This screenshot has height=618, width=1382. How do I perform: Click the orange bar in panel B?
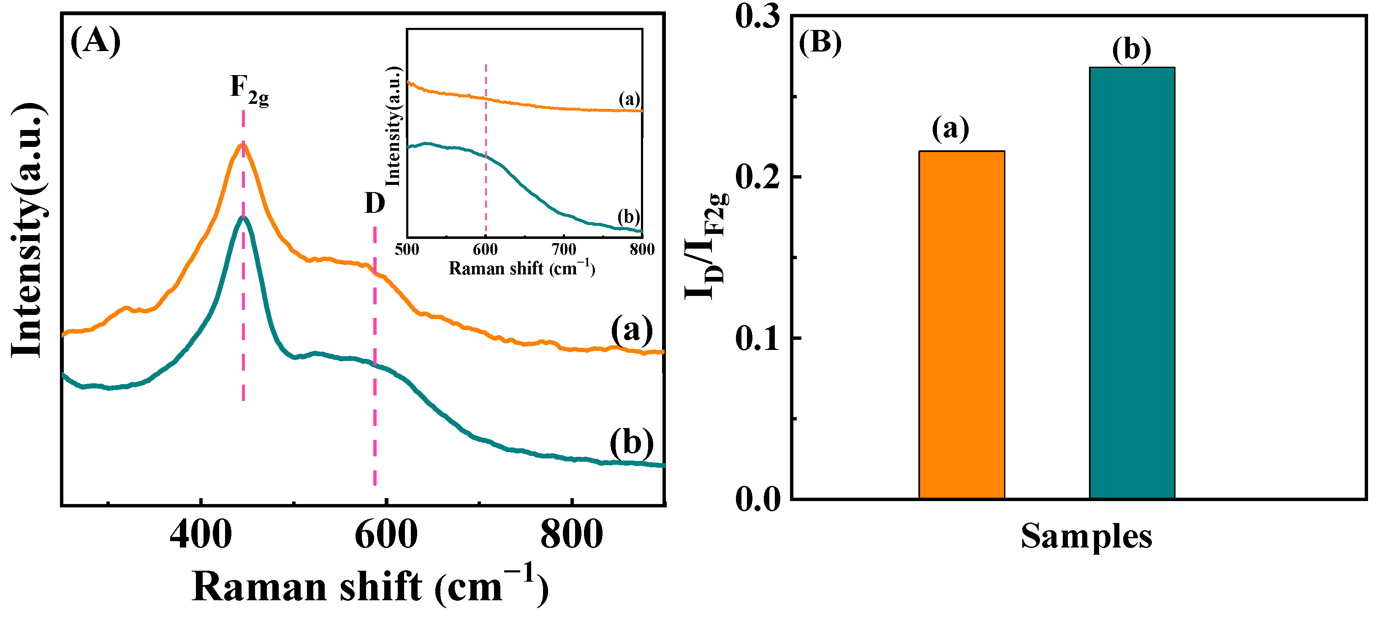click(961, 325)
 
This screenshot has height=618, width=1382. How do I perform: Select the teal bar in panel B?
click(1132, 283)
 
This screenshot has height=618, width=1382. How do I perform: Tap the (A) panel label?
click(95, 41)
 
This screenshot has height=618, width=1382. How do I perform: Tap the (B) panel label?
click(820, 42)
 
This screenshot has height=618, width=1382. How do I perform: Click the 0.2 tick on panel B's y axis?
click(757, 177)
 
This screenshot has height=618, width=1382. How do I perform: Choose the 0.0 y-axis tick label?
click(757, 499)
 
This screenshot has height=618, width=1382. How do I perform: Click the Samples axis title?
click(1086, 536)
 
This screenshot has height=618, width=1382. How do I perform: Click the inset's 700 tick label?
click(563, 249)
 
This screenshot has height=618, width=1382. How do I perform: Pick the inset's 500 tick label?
click(407, 249)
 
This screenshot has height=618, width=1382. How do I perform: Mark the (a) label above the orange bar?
click(950, 129)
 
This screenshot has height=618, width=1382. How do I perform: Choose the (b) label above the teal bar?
click(1132, 50)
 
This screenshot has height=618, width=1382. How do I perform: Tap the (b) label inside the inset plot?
click(628, 217)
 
